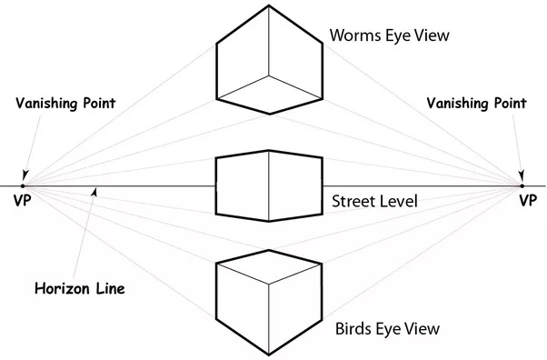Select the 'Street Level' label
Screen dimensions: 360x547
[x=374, y=201]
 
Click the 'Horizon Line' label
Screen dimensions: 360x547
[x=79, y=289]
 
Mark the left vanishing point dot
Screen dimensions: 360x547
[x=25, y=186]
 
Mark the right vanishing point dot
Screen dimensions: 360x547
[x=522, y=186]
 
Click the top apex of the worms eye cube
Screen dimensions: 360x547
[x=269, y=5]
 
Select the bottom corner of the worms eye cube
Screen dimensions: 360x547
[x=269, y=114]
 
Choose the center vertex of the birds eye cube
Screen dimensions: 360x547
[x=269, y=286]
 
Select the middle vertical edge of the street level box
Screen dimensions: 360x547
[x=269, y=186]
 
